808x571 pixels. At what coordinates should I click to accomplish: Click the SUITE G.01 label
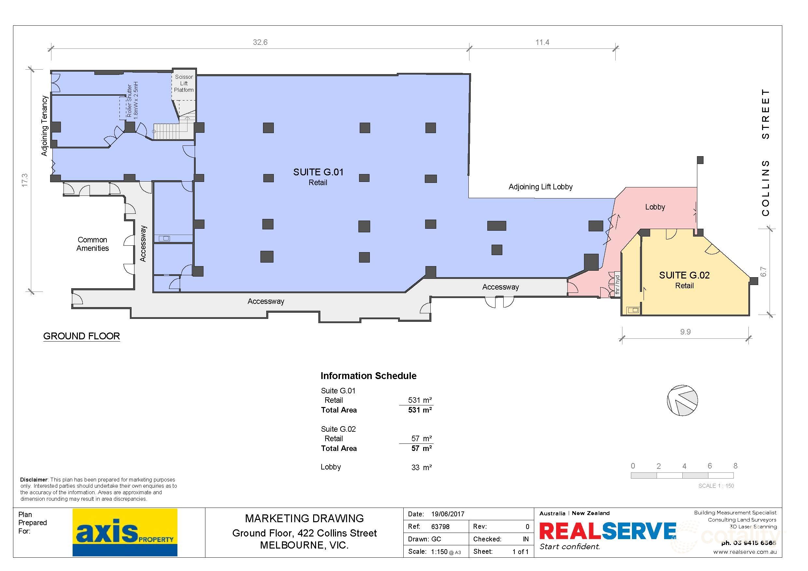[318, 172]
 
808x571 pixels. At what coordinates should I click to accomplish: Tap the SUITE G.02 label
[684, 275]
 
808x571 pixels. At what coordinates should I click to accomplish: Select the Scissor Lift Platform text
[184, 83]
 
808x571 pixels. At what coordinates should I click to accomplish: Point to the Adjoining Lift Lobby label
[540, 187]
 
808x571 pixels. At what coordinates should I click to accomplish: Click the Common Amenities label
[92, 244]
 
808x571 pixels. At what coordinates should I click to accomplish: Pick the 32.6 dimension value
[260, 42]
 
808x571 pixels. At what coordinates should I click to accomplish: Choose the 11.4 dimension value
[542, 42]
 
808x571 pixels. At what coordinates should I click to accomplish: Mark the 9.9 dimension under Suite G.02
[685, 332]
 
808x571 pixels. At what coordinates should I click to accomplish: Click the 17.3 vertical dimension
[24, 180]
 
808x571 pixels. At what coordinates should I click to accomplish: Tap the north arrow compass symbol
[682, 401]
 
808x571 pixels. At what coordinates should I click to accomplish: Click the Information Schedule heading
[369, 376]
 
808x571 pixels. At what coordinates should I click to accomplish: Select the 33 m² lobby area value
[421, 467]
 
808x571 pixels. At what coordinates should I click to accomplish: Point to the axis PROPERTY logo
[125, 532]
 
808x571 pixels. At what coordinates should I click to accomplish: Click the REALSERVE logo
[607, 531]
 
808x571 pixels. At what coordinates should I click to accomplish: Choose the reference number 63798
[440, 527]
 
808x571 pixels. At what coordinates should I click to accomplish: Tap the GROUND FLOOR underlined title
[81, 336]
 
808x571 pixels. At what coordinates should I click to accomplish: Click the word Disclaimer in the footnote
[34, 480]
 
